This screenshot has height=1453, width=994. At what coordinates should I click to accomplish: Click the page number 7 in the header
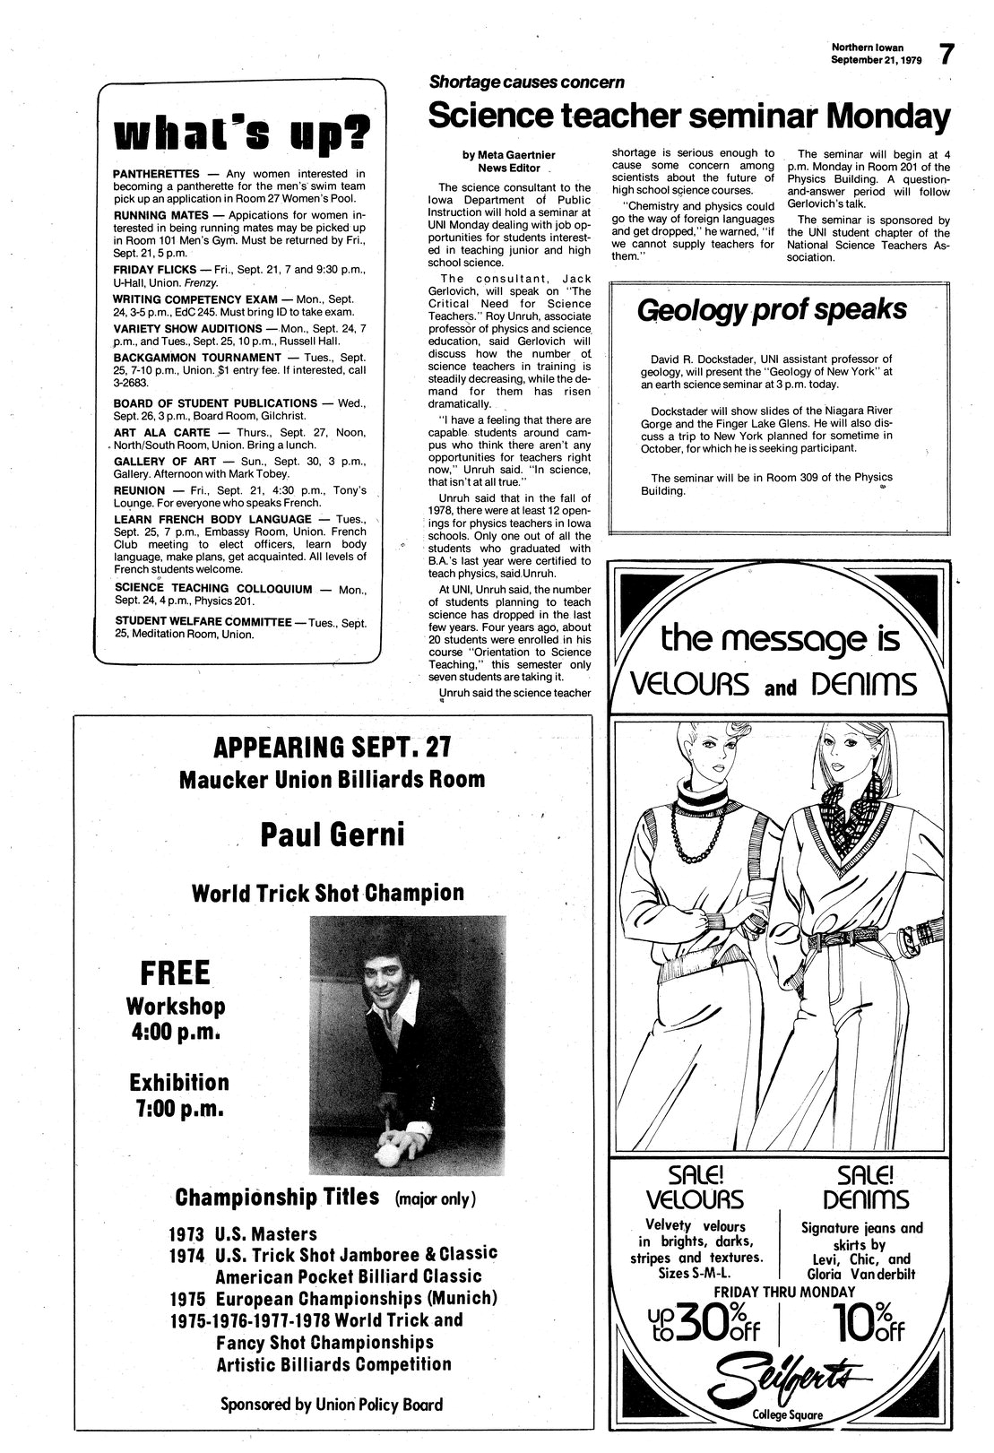tap(946, 54)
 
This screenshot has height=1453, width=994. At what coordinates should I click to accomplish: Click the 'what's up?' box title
tap(241, 134)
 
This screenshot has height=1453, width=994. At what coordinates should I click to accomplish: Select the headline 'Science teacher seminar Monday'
tap(687, 116)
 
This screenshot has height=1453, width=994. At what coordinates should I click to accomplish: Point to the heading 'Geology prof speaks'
tap(771, 310)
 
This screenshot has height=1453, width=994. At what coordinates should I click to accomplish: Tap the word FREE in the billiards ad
tap(175, 973)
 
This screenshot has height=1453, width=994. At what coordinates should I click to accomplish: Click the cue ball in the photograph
tap(392, 1155)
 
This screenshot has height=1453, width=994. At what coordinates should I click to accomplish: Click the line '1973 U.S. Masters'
tap(244, 1233)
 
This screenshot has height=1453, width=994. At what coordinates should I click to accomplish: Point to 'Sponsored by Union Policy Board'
tap(332, 1405)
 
